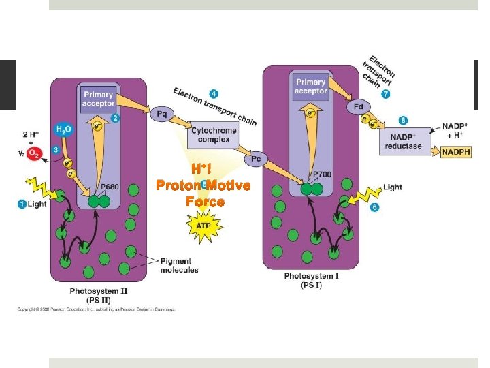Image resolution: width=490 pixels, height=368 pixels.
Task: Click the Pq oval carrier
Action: tap(162, 114)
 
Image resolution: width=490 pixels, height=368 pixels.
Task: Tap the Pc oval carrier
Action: tap(256, 159)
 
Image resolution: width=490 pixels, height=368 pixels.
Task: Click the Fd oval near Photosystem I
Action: tap(359, 107)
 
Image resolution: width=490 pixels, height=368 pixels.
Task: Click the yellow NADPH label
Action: tap(456, 153)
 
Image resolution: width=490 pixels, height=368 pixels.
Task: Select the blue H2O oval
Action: tap(63, 129)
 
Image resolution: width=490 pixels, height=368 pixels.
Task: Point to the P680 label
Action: tap(109, 187)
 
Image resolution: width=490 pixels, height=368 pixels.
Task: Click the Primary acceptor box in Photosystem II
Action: tap(98, 99)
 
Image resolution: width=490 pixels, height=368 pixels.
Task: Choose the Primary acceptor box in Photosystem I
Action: tap(311, 87)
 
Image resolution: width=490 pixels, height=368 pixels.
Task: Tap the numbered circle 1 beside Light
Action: tap(22, 204)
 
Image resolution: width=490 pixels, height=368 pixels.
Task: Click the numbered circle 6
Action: tap(374, 206)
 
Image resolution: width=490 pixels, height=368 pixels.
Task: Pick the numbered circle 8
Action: tap(404, 121)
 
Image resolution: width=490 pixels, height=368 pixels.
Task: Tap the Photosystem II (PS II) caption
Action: tap(99, 294)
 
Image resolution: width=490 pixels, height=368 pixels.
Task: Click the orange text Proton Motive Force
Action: tap(203, 193)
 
